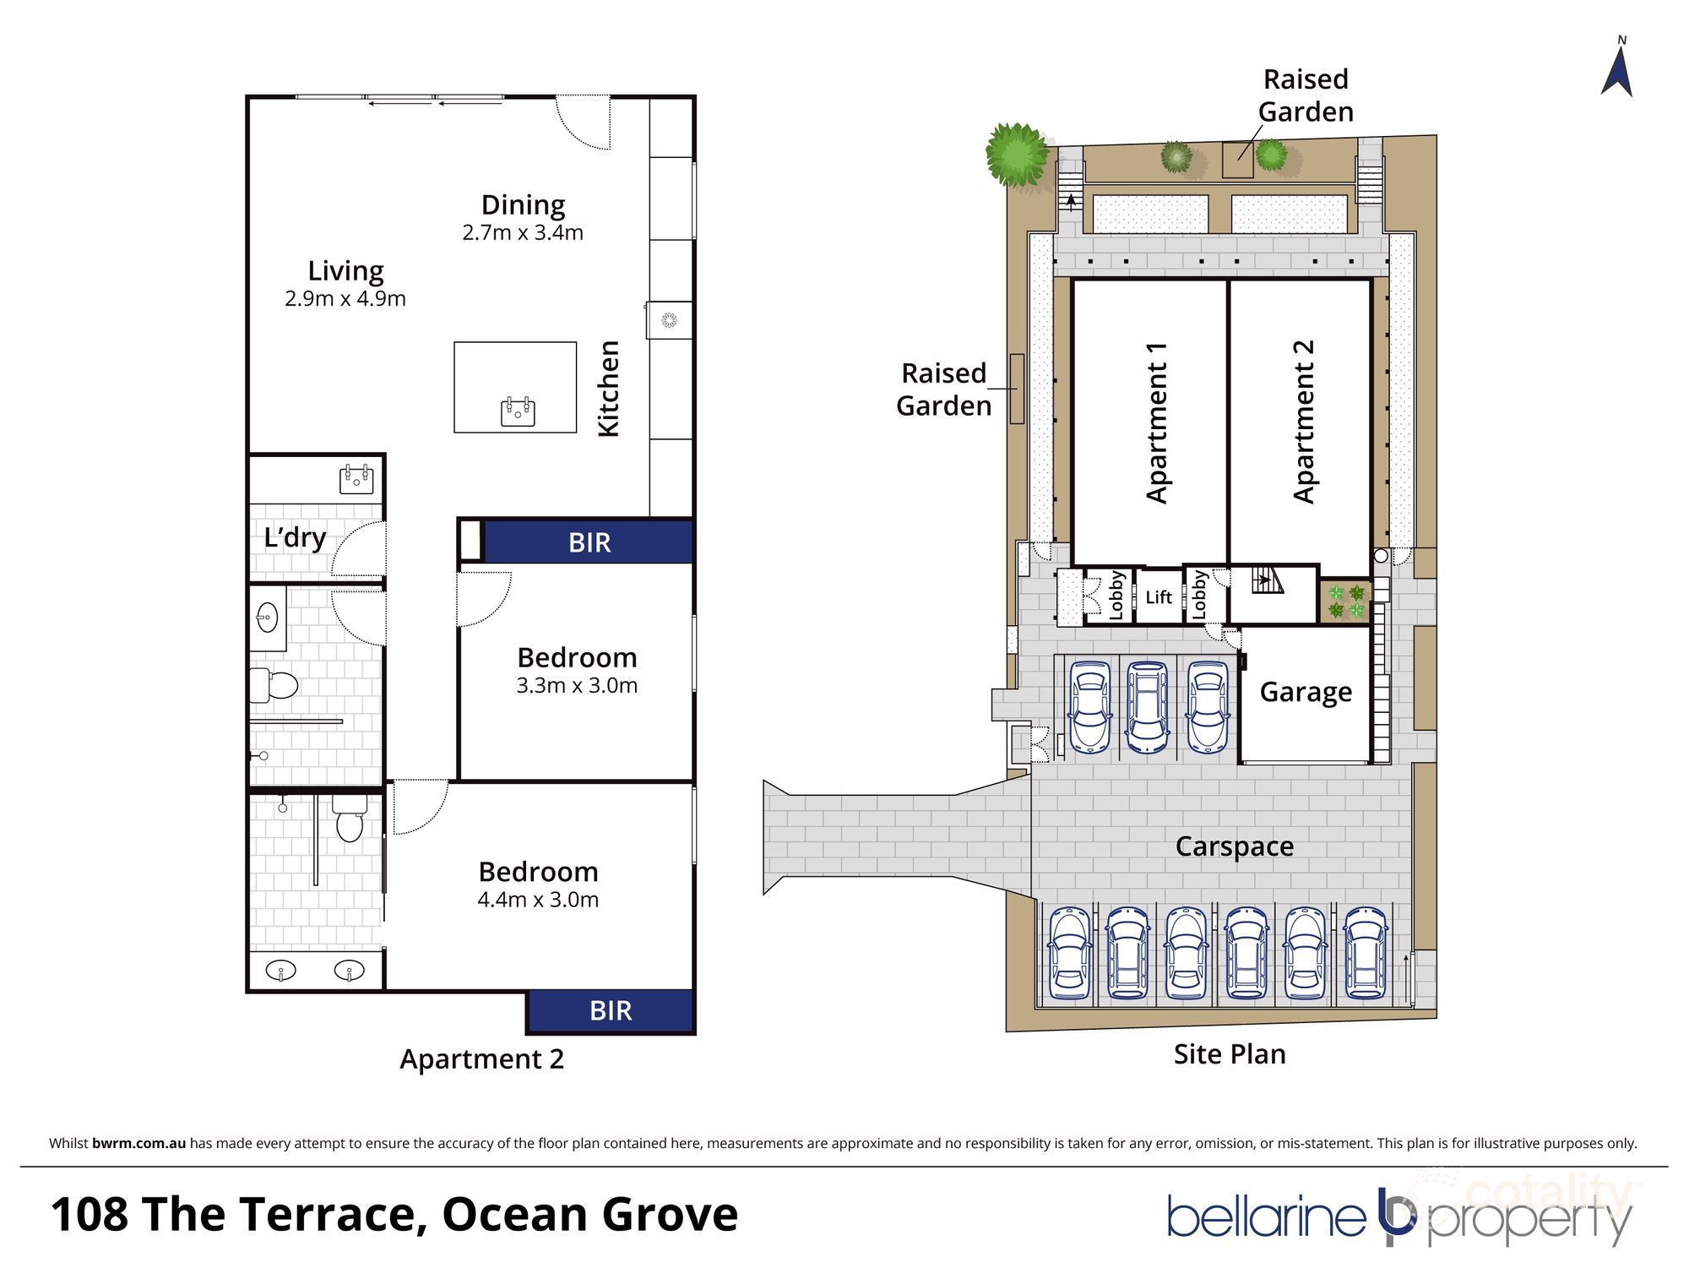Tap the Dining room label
[523, 204]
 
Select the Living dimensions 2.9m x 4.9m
[345, 298]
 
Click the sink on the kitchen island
[518, 411]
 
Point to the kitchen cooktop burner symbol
[669, 319]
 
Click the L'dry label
[295, 537]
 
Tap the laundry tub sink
[356, 479]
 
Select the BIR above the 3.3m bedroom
[589, 542]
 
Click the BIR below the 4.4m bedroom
[611, 1010]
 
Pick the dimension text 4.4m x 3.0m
[538, 900]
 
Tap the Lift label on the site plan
[1159, 597]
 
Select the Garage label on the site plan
[1306, 692]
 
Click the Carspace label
[1234, 846]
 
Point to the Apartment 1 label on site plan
[1156, 422]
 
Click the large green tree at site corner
[1017, 154]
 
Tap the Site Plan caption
[1230, 1054]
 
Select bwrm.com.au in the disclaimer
[138, 1144]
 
